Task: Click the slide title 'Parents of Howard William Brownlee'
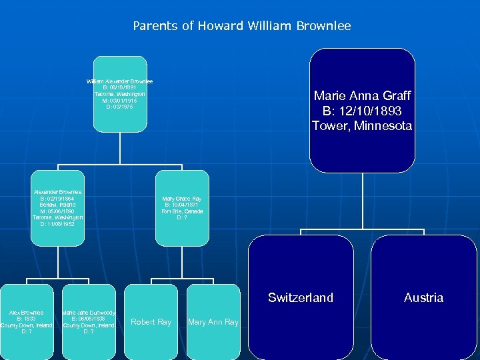[x=241, y=26]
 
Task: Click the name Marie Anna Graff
[x=362, y=95]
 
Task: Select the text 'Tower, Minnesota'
[x=362, y=125]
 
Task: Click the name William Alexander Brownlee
[x=120, y=81]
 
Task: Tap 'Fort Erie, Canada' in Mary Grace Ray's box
[x=181, y=211]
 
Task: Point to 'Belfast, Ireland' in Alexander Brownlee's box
[x=57, y=205]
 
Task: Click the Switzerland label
[x=301, y=297]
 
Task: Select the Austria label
[x=423, y=297]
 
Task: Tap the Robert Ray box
[x=151, y=322]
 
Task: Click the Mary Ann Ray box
[x=213, y=322]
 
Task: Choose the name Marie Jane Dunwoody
[x=89, y=312]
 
